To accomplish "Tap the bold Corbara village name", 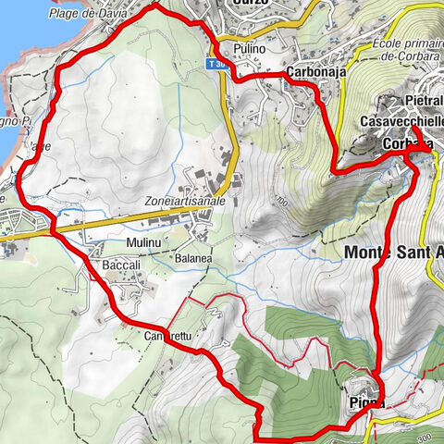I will (x=407, y=145).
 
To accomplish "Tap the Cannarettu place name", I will (x=166, y=337).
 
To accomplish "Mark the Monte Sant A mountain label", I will (x=393, y=251).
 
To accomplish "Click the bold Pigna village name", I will (x=367, y=402).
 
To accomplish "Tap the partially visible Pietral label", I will (x=425, y=100).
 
